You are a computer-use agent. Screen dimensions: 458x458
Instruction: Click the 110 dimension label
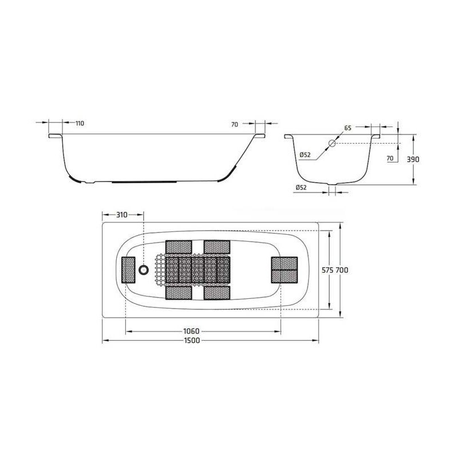(80, 123)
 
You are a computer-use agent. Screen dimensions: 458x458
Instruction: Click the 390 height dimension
(413, 159)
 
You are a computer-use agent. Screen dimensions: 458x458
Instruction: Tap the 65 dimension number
(348, 128)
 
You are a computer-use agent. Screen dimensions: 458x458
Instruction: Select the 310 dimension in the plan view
(122, 215)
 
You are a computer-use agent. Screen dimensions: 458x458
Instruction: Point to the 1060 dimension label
(191, 331)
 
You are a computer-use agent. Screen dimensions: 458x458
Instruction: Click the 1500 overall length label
(192, 340)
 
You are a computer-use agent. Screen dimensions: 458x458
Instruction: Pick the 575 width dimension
(327, 270)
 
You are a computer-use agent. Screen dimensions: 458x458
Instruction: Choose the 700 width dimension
(342, 270)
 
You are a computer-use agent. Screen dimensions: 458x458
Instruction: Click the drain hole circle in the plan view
(144, 270)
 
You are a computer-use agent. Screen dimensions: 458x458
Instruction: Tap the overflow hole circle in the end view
(332, 143)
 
